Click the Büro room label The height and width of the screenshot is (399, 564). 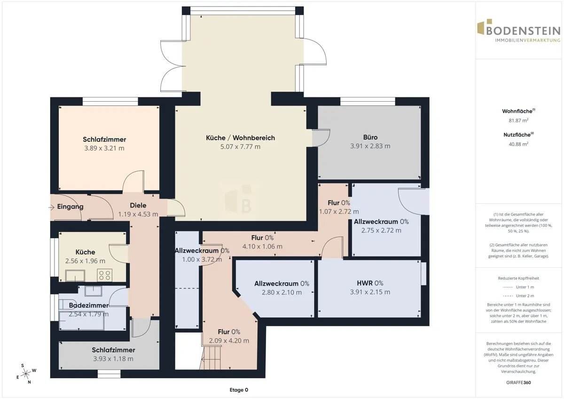pyautogui.click(x=370, y=137)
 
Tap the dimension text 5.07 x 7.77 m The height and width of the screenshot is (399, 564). pyautogui.click(x=240, y=146)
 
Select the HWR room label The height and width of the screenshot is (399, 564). pyautogui.click(x=365, y=283)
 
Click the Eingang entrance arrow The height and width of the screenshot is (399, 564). pyautogui.click(x=51, y=207)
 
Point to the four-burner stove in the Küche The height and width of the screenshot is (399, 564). pyautogui.click(x=105, y=275)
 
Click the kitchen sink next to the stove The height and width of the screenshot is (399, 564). pyautogui.click(x=75, y=275)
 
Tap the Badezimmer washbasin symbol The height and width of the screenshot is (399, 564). pyautogui.click(x=93, y=291)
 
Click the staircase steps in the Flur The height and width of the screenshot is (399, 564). pyautogui.click(x=211, y=358)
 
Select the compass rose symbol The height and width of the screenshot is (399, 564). pyautogui.click(x=26, y=374)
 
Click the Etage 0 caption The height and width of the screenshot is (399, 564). pyautogui.click(x=239, y=390)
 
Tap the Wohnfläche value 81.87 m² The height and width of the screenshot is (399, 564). pyautogui.click(x=518, y=120)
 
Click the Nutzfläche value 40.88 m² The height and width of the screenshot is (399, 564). pyautogui.click(x=518, y=144)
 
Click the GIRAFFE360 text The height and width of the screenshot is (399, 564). pyautogui.click(x=518, y=383)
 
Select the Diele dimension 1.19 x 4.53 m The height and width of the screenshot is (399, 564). pyautogui.click(x=138, y=214)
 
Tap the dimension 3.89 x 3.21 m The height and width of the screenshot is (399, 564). pyautogui.click(x=104, y=148)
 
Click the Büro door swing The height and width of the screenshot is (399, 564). pyautogui.click(x=321, y=138)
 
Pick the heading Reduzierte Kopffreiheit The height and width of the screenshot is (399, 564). pyautogui.click(x=518, y=278)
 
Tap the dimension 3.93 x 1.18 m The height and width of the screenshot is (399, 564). pyautogui.click(x=113, y=359)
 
